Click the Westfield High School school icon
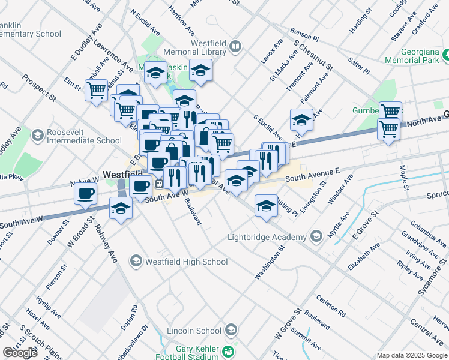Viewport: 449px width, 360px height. (x=136, y=261)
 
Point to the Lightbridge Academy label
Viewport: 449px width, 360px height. (x=267, y=237)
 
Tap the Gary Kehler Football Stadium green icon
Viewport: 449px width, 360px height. (x=228, y=351)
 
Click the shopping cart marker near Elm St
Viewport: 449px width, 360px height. (x=96, y=91)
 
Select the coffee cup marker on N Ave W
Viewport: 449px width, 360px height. (x=85, y=193)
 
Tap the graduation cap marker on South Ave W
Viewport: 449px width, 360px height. (x=121, y=208)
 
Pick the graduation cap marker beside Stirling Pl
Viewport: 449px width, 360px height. (x=266, y=205)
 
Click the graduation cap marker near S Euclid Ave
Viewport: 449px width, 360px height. (x=301, y=120)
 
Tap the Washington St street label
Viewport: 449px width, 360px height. (x=268, y=262)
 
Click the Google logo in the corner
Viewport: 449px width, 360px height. (x=20, y=353)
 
